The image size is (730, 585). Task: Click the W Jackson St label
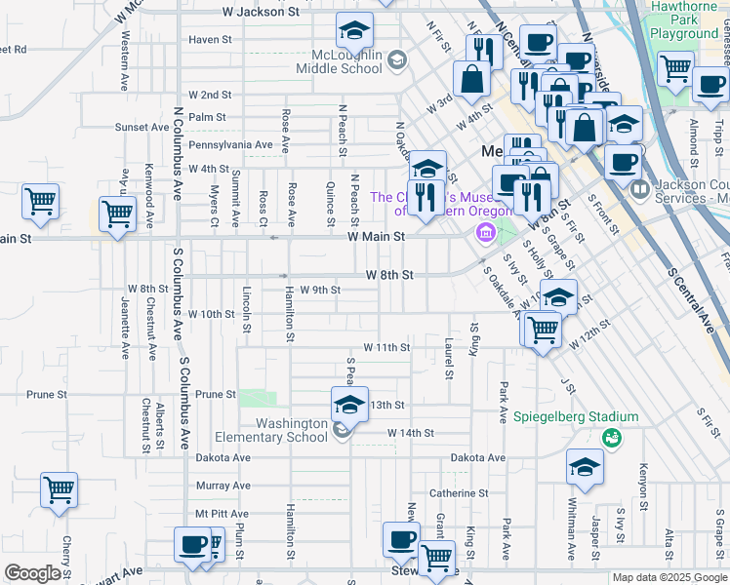(261, 12)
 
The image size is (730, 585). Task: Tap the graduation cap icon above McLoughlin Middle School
(354, 31)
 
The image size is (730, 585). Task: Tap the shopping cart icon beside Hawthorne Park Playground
(674, 68)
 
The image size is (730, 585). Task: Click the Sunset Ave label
(142, 128)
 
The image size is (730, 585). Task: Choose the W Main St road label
(376, 236)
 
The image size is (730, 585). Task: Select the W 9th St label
(320, 290)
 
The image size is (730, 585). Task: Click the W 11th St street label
(386, 346)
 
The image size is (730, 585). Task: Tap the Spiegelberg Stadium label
(576, 417)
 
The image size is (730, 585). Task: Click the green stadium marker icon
(611, 439)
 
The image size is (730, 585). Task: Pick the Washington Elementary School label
(292, 430)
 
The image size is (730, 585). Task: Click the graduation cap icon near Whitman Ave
(585, 469)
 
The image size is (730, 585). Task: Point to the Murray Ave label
(223, 486)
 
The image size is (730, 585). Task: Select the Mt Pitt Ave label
(222, 513)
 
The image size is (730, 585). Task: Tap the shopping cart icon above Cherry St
(60, 490)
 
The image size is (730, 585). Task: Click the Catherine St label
(458, 493)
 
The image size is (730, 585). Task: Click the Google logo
(32, 573)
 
